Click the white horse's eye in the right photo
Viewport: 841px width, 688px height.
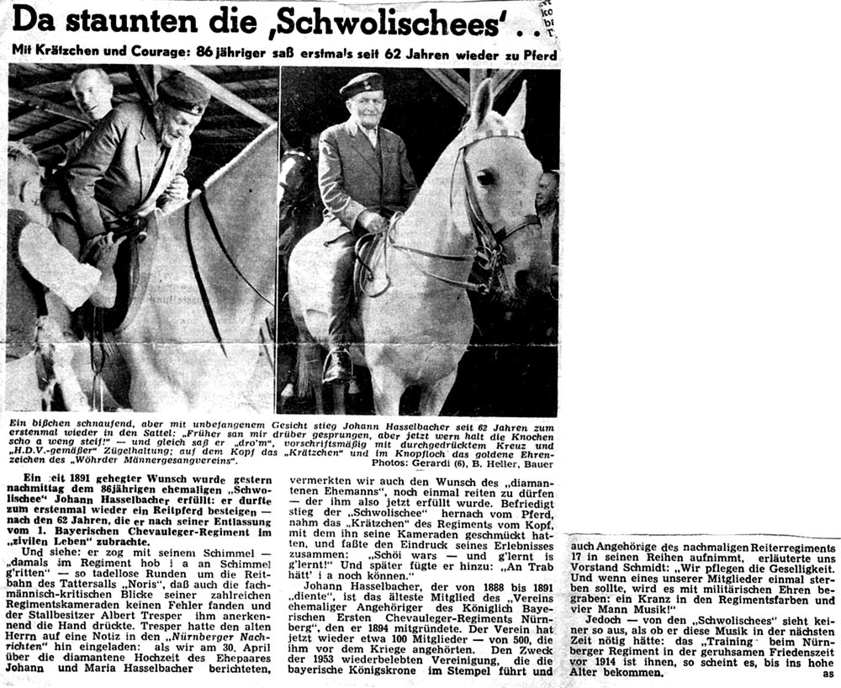[485, 177]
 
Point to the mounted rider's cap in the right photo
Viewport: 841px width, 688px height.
[362, 84]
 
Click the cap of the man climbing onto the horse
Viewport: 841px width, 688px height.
[183, 93]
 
